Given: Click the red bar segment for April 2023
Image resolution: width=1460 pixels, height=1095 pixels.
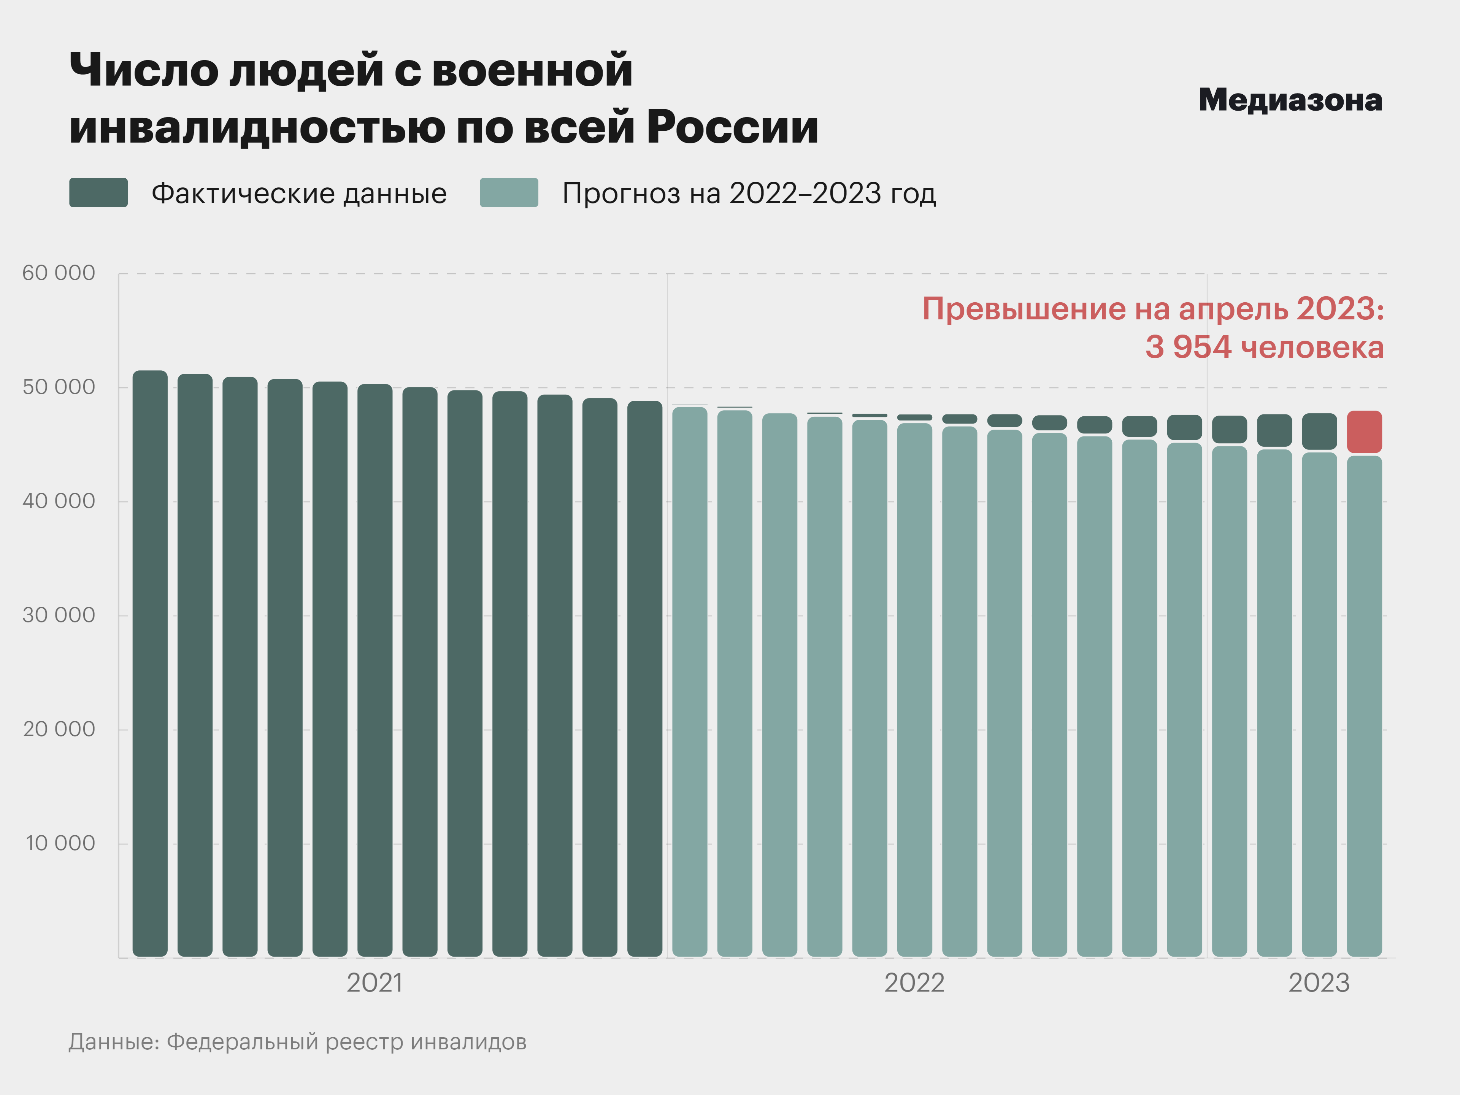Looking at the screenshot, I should click(x=1364, y=432).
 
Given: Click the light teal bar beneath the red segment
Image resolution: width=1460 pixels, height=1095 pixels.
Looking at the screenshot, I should click(x=1364, y=706).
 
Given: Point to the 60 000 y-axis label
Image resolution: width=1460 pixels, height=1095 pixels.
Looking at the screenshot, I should click(x=59, y=273).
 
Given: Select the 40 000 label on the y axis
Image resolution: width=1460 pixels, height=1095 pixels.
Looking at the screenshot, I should click(x=59, y=501).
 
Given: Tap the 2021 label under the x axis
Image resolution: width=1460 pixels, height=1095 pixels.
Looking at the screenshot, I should click(x=374, y=983).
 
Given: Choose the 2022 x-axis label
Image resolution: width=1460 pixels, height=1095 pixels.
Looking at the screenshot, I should click(x=914, y=983).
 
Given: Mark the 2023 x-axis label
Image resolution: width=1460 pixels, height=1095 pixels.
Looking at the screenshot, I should click(x=1319, y=983).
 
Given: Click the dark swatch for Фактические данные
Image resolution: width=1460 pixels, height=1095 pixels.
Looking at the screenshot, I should click(x=98, y=193).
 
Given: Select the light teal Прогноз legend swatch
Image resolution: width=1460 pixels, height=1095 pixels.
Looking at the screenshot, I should click(x=509, y=193).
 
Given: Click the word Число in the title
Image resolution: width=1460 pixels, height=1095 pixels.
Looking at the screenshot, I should click(x=144, y=69).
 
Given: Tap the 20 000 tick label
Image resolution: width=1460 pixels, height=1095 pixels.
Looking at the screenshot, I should click(x=59, y=729).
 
